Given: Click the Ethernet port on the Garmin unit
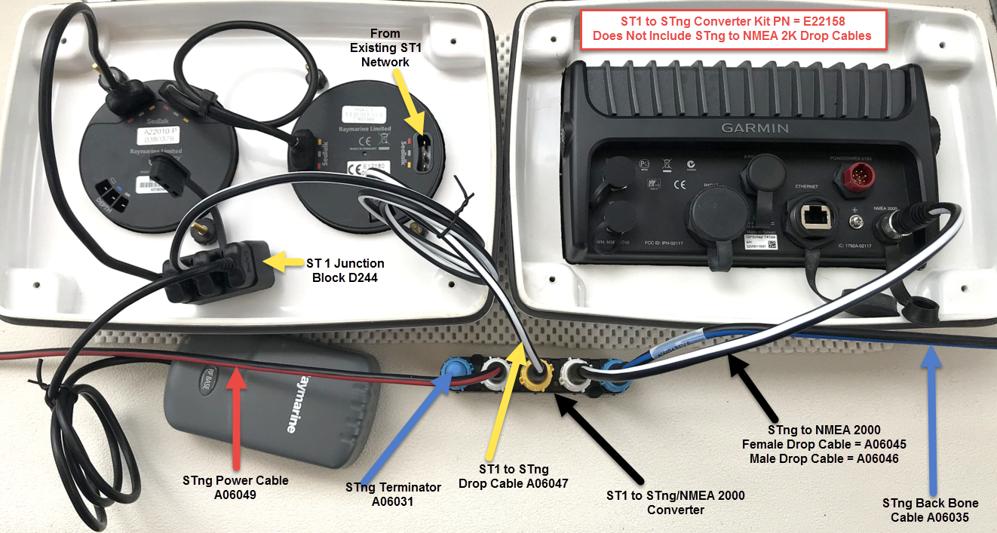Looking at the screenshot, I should pyautogui.click(x=811, y=217).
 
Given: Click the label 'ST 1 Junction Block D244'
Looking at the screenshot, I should pyautogui.click(x=345, y=271).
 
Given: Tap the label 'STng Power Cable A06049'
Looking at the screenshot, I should pyautogui.click(x=235, y=486).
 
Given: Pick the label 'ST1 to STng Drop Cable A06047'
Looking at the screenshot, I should pyautogui.click(x=514, y=476).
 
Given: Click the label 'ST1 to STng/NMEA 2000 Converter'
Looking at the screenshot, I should pyautogui.click(x=676, y=502).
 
